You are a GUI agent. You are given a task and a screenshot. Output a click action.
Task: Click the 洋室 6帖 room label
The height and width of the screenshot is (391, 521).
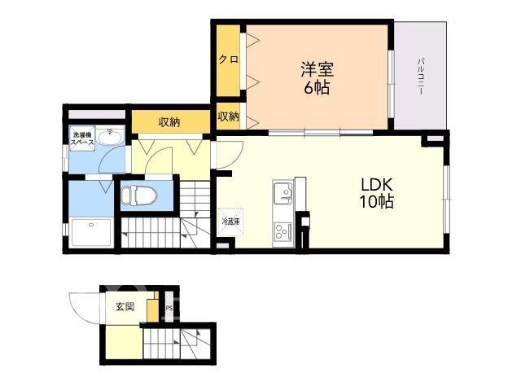click(317, 78)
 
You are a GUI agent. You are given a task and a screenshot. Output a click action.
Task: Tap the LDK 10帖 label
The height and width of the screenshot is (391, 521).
click(377, 193)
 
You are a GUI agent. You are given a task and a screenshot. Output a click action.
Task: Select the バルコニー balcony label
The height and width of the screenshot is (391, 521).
click(421, 76)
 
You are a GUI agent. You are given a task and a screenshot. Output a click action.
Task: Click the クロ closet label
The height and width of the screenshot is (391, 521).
click(228, 59)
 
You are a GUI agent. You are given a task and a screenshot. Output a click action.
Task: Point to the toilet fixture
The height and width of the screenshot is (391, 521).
click(139, 195)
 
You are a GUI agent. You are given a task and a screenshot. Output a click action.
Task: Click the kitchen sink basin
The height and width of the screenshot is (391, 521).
click(283, 193)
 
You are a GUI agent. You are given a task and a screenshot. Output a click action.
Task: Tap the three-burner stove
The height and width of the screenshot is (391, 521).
click(283, 231)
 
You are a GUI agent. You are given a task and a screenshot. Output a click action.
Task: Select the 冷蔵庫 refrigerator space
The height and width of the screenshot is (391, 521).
click(230, 222)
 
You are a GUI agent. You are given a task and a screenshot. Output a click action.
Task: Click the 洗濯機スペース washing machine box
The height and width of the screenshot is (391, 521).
click(82, 138)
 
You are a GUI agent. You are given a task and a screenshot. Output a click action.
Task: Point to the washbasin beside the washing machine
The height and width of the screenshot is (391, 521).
click(111, 137)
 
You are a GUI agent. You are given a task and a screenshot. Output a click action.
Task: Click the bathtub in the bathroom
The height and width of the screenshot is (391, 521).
click(92, 232)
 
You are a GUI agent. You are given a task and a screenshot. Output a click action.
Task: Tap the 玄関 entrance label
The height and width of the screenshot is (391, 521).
click(125, 306)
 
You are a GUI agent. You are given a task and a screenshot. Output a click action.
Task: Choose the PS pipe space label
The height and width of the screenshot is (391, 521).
click(169, 308)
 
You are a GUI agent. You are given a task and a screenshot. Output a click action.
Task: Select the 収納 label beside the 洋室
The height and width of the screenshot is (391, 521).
click(228, 116)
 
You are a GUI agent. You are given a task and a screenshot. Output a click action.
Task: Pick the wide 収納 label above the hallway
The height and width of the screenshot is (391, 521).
click(169, 122)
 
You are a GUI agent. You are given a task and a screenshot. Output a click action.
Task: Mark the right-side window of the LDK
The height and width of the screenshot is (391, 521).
click(446, 199)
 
